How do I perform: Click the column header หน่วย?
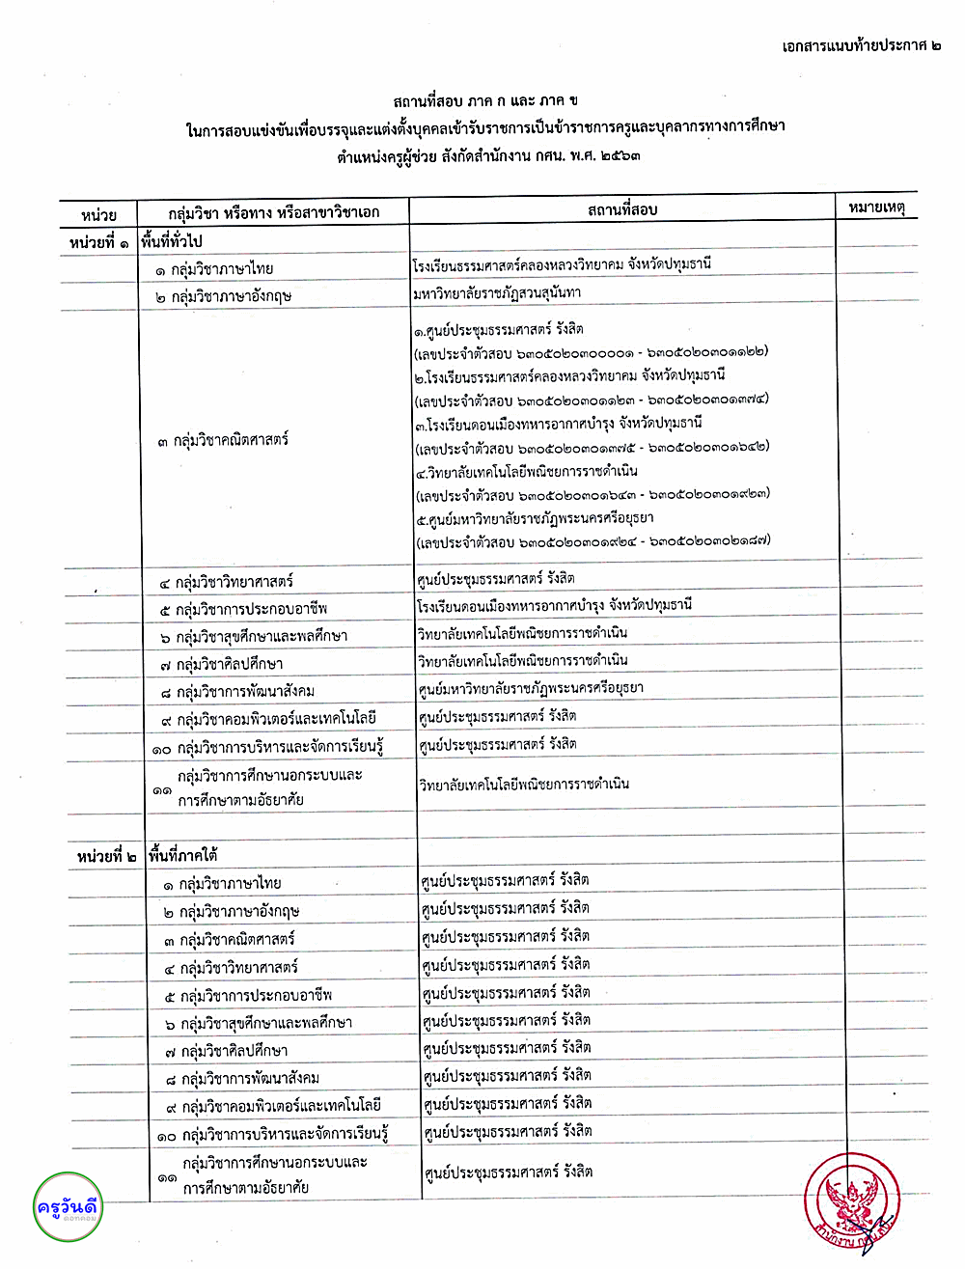pyautogui.click(x=99, y=214)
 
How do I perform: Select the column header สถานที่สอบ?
pyautogui.click(x=622, y=209)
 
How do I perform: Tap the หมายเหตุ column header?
pyautogui.click(x=876, y=207)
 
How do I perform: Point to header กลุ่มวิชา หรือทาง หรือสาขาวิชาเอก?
pyautogui.click(x=274, y=212)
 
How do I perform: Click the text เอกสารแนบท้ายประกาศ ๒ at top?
pyautogui.click(x=861, y=45)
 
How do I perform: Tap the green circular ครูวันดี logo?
pyautogui.click(x=67, y=1207)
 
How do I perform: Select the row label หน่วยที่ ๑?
pyautogui.click(x=99, y=242)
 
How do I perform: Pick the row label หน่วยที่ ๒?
pyautogui.click(x=107, y=856)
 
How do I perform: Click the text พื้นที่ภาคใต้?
pyautogui.click(x=182, y=855)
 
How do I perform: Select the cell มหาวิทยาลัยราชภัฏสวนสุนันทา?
pyautogui.click(x=497, y=292)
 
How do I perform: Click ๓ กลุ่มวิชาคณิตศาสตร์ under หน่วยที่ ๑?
pyautogui.click(x=223, y=440)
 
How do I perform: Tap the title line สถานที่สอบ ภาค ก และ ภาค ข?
pyautogui.click(x=485, y=100)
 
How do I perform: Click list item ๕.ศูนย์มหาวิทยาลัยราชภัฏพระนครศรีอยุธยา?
pyautogui.click(x=535, y=519)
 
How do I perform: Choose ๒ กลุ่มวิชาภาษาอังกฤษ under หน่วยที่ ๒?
pyautogui.click(x=232, y=911)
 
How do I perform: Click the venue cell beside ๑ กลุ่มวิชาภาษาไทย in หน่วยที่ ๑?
pyautogui.click(x=562, y=264)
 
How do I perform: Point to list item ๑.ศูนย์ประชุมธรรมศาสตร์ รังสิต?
pyautogui.click(x=498, y=329)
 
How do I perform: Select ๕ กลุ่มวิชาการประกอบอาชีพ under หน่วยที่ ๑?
pyautogui.click(x=244, y=609)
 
